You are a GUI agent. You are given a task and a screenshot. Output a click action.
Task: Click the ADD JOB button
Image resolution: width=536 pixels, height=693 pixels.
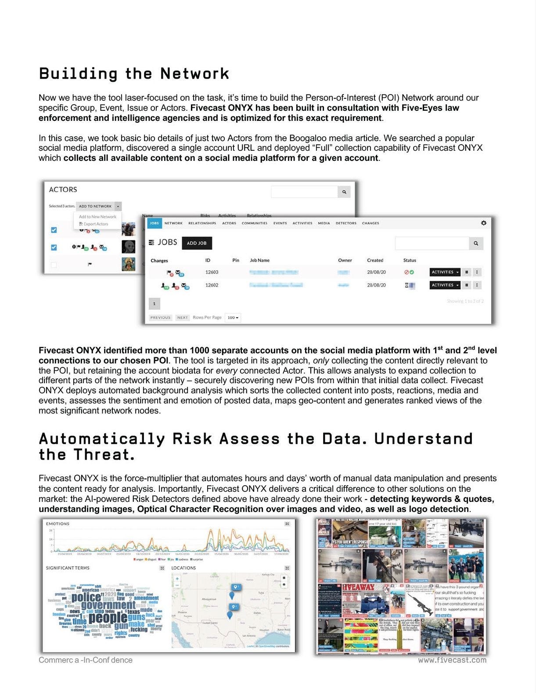click(197, 243)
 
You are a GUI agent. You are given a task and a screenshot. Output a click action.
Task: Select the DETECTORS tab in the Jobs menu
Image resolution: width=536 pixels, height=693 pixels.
click(346, 223)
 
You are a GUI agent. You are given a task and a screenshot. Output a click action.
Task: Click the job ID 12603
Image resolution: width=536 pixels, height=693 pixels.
click(212, 272)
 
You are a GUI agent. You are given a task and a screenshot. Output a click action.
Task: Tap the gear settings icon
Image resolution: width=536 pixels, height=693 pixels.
click(483, 223)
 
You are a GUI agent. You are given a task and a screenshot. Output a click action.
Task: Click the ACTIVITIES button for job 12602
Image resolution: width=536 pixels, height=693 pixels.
click(445, 285)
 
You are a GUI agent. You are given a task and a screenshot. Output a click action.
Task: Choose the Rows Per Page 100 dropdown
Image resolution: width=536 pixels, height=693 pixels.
click(233, 318)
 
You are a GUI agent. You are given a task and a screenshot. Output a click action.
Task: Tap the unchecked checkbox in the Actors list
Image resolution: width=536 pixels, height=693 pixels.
click(54, 265)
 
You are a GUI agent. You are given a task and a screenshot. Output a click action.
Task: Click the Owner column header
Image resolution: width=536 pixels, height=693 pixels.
click(345, 261)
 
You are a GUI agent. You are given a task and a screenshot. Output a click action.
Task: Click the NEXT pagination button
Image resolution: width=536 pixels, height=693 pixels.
click(182, 318)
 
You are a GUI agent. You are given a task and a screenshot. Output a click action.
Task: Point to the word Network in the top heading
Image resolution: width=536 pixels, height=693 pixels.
click(194, 74)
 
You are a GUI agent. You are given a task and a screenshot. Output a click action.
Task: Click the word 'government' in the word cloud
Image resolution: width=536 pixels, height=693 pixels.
click(108, 606)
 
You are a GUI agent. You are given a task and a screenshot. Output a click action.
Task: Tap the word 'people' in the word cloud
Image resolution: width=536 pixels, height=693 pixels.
click(108, 617)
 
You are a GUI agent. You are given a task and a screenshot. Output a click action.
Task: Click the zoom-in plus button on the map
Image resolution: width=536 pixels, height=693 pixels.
click(177, 579)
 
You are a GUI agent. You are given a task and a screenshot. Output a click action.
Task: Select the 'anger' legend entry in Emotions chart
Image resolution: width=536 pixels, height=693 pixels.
click(139, 559)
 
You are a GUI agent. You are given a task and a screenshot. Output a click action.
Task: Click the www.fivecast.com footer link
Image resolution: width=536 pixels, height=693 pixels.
click(452, 660)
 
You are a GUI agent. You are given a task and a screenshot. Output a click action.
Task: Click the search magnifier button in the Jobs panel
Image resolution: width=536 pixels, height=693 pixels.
click(476, 243)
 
